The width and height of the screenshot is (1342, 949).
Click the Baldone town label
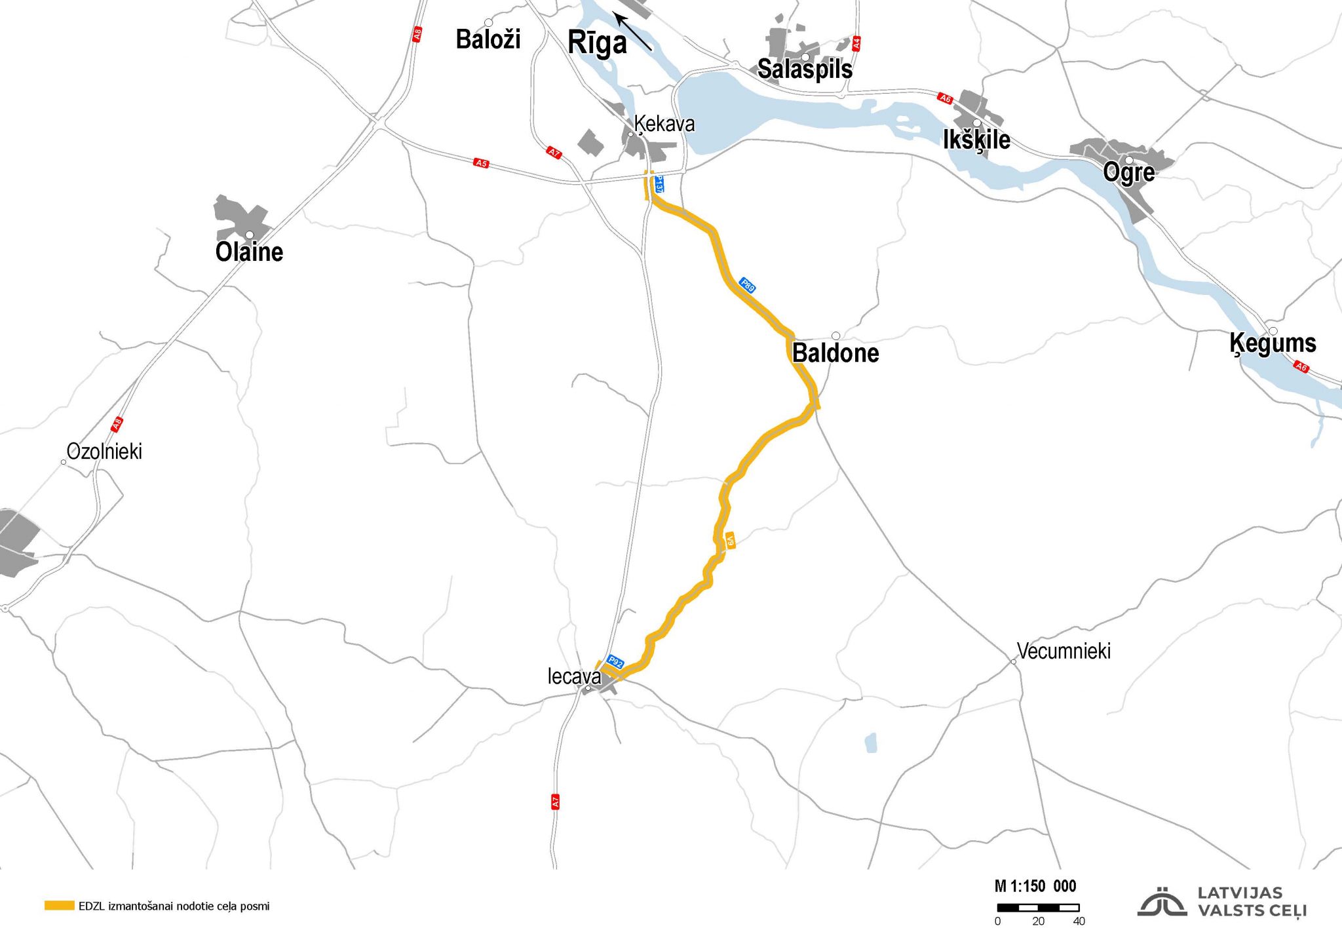(835, 353)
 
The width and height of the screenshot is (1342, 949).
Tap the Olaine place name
(249, 252)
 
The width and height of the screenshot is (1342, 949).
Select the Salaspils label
(805, 69)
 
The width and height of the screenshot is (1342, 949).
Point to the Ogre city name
(1128, 172)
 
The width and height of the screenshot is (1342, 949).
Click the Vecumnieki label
(1064, 651)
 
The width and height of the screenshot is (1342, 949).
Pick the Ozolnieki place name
(104, 452)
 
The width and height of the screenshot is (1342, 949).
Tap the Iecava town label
(574, 676)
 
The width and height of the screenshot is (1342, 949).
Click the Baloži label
(488, 40)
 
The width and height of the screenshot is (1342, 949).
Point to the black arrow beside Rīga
(633, 32)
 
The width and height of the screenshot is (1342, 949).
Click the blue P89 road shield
(748, 285)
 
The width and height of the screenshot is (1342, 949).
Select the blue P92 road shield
(615, 662)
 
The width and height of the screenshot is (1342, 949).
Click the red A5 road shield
(482, 163)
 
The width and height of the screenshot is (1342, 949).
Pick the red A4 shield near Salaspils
(856, 44)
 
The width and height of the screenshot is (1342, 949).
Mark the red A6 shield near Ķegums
(1301, 367)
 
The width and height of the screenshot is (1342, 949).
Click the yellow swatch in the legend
(59, 906)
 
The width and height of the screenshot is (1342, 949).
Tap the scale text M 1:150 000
(1035, 887)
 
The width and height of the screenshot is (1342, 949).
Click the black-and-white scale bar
(1038, 908)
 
